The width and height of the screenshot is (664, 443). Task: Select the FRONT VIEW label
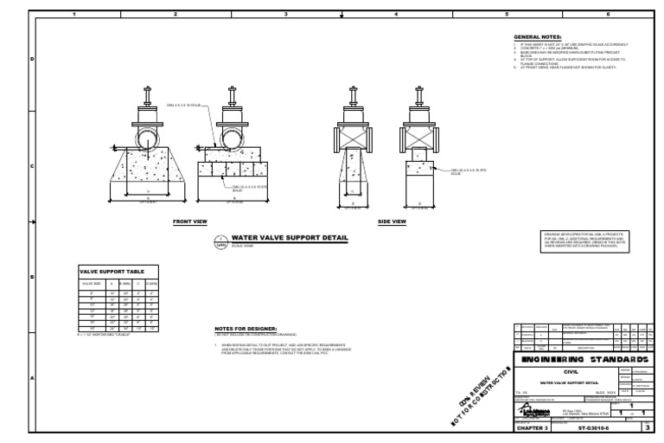[190, 221]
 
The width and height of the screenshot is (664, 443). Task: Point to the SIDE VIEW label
[392, 221]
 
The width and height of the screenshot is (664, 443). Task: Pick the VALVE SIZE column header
[93, 284]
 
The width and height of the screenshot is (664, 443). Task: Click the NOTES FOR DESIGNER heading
[246, 329]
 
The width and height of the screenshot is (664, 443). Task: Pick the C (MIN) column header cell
[137, 284]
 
